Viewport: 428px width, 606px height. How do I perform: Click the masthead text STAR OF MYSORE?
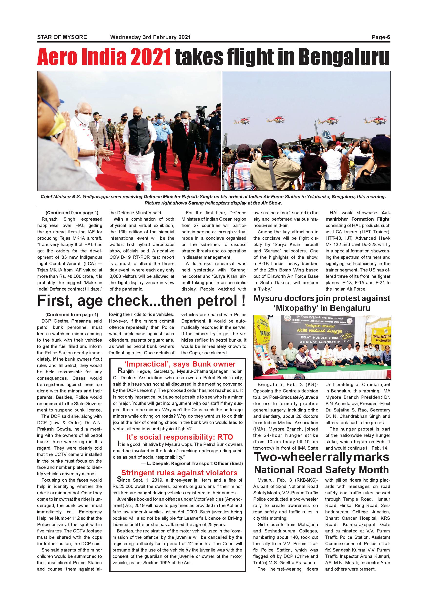click(x=62, y=37)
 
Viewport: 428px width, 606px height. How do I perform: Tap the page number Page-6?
click(x=381, y=37)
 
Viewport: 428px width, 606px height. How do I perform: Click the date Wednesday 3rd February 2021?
click(x=150, y=37)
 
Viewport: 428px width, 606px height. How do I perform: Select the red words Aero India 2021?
click(x=104, y=57)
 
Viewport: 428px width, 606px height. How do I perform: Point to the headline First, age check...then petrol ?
click(x=142, y=301)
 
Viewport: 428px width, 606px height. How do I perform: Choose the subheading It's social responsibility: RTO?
click(x=180, y=437)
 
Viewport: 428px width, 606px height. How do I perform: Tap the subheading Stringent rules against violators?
click(x=179, y=473)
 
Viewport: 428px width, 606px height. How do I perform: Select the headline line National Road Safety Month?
click(x=321, y=470)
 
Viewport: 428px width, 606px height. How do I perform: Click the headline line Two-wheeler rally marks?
click(x=321, y=457)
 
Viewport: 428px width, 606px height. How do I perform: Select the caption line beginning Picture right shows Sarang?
click(x=213, y=203)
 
